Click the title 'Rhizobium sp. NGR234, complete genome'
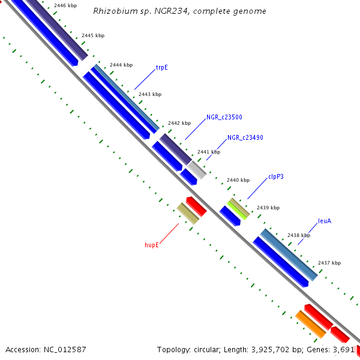[180, 11]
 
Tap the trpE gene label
[161, 68]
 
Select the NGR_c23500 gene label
[224, 118]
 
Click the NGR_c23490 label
[245, 138]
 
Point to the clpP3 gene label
[277, 178]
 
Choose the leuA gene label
[325, 221]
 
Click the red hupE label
[151, 245]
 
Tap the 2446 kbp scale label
[65, 6]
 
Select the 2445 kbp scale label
[92, 36]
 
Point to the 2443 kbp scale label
[150, 94]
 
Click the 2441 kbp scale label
[209, 152]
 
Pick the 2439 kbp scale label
[268, 208]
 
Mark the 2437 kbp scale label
[329, 263]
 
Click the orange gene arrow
[310, 323]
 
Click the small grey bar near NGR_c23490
[196, 170]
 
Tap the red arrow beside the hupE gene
[196, 206]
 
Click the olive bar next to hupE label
[188, 214]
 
